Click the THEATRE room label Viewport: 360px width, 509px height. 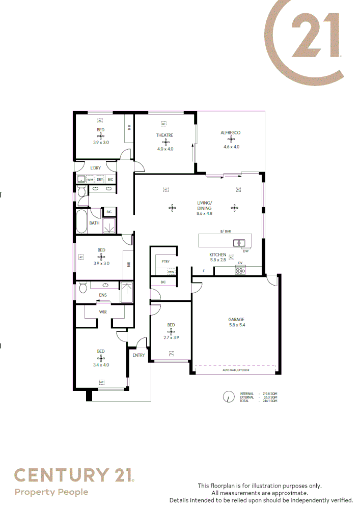[x=164, y=135]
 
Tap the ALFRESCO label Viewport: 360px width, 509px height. [x=231, y=133]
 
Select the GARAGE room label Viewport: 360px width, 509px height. [x=236, y=320]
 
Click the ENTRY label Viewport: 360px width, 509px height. [x=139, y=355]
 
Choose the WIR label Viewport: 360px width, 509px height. [x=102, y=312]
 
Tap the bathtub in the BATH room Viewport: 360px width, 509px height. [x=81, y=222]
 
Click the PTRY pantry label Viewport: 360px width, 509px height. [x=164, y=262]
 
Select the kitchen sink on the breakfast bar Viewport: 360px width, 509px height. [x=239, y=243]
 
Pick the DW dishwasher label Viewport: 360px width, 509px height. [x=245, y=251]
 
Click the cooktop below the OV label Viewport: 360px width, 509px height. [x=240, y=271]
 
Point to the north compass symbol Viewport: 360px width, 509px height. [x=229, y=397]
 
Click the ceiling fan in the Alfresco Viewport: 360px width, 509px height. [x=231, y=139]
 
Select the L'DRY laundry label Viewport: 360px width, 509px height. [x=96, y=168]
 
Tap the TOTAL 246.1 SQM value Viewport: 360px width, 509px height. [x=270, y=402]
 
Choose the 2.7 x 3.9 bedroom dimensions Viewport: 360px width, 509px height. [x=171, y=337]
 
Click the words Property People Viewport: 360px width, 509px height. [x=51, y=492]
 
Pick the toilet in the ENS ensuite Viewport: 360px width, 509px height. [x=81, y=289]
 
